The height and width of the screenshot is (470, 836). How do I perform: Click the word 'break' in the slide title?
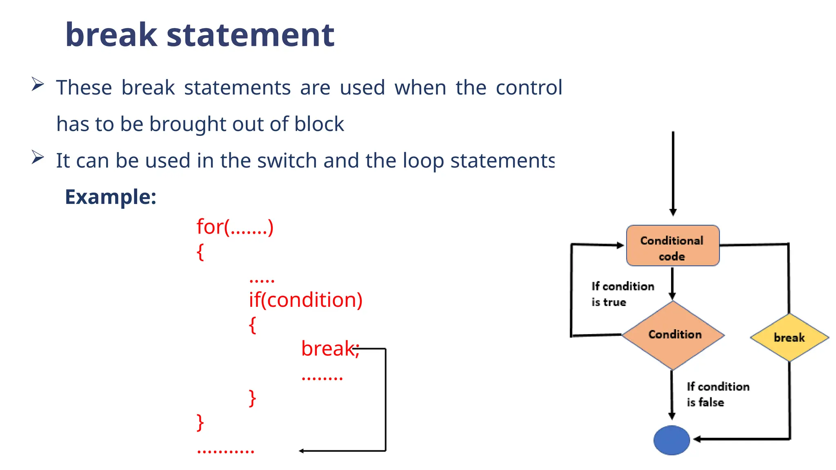tap(111, 35)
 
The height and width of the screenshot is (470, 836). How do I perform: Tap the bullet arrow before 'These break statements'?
tap(38, 84)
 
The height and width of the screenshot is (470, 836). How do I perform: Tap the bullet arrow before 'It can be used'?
tap(38, 157)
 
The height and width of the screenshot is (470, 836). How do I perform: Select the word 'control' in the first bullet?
tap(529, 88)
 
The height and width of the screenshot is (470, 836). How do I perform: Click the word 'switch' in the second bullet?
tap(287, 161)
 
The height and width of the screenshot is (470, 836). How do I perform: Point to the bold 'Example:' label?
tap(111, 197)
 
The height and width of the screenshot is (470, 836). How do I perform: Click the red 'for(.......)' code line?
tap(235, 227)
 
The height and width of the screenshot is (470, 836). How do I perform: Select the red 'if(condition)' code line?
tap(305, 300)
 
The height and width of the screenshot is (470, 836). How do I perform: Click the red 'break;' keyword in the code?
tap(329, 348)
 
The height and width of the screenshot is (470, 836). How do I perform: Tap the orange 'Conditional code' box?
tap(672, 246)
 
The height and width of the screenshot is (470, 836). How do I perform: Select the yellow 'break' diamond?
tap(789, 337)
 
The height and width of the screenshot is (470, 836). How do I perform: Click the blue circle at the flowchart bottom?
tap(671, 440)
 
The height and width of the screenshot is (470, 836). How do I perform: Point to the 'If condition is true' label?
tap(622, 294)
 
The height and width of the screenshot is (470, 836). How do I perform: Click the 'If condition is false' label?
tap(717, 394)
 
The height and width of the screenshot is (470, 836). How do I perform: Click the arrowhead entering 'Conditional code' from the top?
tap(673, 213)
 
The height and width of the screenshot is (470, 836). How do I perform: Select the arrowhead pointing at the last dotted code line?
tap(302, 451)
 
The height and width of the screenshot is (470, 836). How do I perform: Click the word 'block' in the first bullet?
tap(319, 124)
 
